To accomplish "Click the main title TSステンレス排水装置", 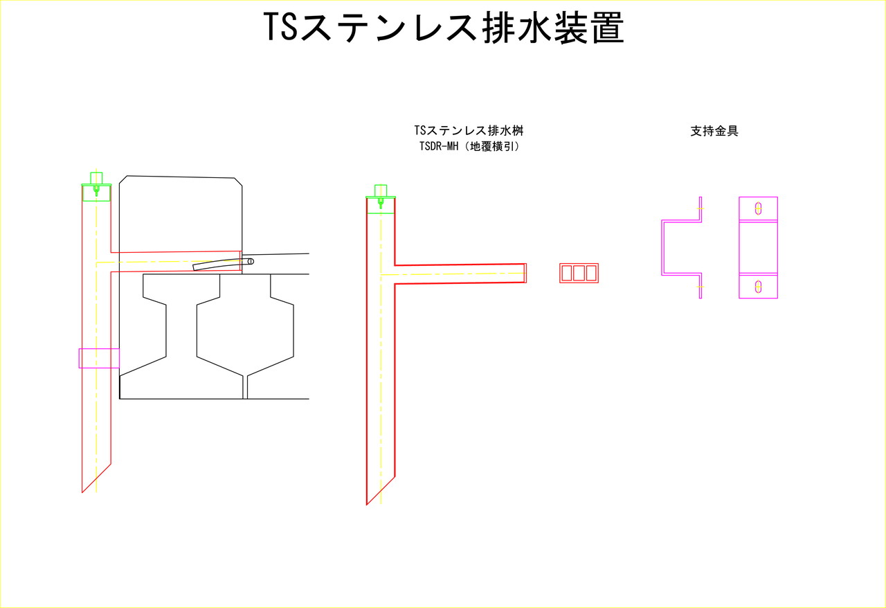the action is [x=444, y=27].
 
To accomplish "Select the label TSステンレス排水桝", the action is [x=469, y=130].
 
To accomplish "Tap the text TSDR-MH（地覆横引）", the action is [x=469, y=146].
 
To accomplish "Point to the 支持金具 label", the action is [x=714, y=131].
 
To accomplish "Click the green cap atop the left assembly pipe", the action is [x=96, y=186].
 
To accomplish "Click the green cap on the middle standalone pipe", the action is [x=381, y=199].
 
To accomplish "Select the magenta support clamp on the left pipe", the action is [x=99, y=358].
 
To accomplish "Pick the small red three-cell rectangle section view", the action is [x=579, y=273].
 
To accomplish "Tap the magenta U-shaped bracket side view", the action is [x=662, y=247].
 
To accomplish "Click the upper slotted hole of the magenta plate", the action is [x=758, y=208].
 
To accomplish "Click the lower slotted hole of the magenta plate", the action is [x=758, y=286].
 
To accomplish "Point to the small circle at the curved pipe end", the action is [x=251, y=261].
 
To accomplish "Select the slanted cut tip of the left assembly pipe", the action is [x=82, y=492].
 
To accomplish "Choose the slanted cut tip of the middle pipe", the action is [x=367, y=505].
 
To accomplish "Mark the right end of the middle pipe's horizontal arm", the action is [x=526, y=273].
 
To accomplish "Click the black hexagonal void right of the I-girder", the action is [x=245, y=325].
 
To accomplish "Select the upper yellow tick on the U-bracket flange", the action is [x=700, y=208].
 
